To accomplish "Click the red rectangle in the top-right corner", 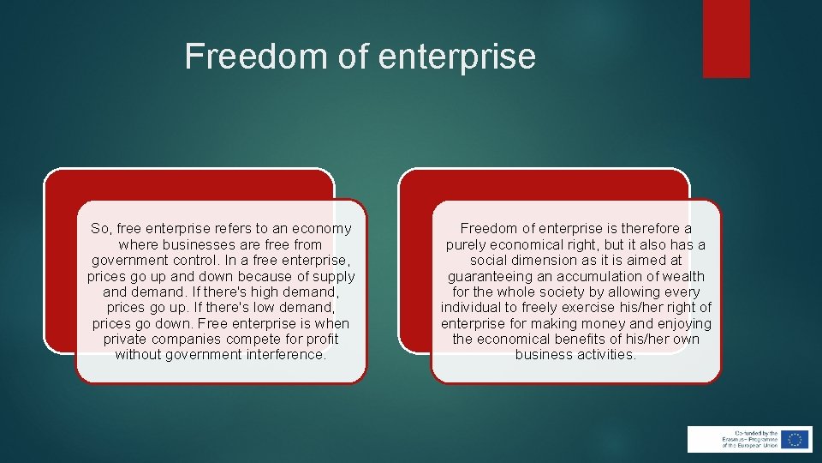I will click(726, 39).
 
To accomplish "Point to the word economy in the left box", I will click(322, 229).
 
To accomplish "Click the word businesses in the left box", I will click(194, 244).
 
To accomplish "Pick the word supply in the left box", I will click(333, 276).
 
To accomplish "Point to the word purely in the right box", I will click(467, 244).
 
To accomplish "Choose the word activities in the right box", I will click(605, 354).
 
